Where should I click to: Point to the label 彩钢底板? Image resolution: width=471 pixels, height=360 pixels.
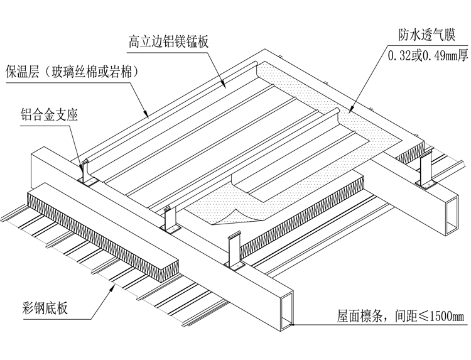click(x=43, y=308)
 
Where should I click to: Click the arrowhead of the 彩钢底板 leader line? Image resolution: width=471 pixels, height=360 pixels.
click(x=113, y=286)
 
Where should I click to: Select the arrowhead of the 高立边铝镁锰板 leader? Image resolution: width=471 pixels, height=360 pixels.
click(x=225, y=85)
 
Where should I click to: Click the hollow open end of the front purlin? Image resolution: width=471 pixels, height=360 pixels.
click(x=286, y=314)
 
